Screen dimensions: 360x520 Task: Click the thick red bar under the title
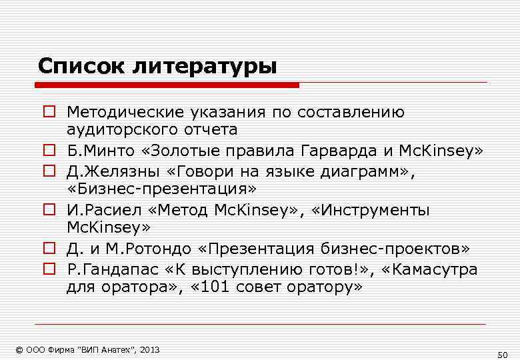pyautogui.click(x=167, y=85)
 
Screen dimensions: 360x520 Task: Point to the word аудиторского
pyautogui.click(x=114, y=128)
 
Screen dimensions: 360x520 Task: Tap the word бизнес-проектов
pyautogui.click(x=407, y=249)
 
